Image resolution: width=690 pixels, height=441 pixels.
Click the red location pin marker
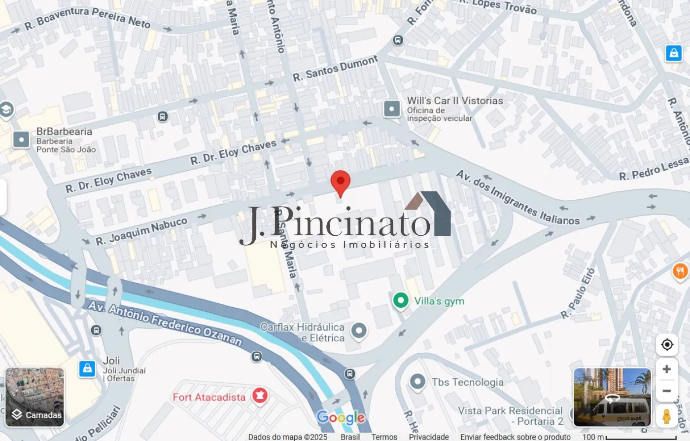pos(340,182)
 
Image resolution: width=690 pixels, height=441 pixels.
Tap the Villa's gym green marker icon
pos(401,300)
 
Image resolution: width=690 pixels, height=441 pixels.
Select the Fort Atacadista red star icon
pos(260,395)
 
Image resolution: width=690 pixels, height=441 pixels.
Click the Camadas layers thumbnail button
pos(34,397)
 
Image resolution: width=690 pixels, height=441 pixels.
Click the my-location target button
pos(667,344)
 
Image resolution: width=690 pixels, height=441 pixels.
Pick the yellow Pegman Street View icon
pos(666,416)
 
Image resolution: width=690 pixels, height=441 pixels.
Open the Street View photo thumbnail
pos(612,397)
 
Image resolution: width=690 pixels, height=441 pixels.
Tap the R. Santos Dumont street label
pos(335,69)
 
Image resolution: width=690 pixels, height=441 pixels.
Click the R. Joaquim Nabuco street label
pos(141,231)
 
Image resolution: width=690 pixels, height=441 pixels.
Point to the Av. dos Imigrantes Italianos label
pos(517,198)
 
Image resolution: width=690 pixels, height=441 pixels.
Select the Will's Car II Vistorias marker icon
pos(392,109)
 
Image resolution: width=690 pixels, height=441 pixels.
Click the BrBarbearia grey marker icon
pos(21,140)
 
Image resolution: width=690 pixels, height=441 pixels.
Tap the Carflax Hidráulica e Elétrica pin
pos(359,331)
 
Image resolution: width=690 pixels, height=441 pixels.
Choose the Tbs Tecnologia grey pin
pos(417,381)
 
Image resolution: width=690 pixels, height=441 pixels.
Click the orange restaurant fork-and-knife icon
pos(681,271)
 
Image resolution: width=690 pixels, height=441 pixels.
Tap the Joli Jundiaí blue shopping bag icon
pos(87,368)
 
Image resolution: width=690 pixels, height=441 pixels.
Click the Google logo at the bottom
pos(341,418)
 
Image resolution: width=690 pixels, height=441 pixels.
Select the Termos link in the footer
pos(384,437)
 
